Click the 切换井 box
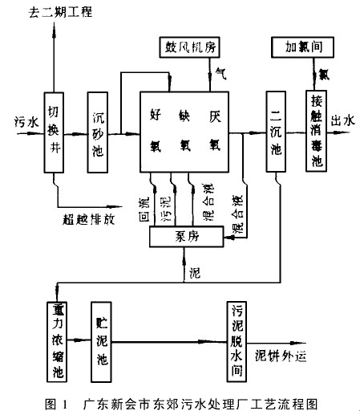pyautogui.click(x=54, y=132)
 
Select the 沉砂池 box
pyautogui.click(x=98, y=132)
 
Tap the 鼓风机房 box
pyautogui.click(x=189, y=47)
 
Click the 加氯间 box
pyautogui.click(x=302, y=47)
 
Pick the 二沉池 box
pyautogui.click(x=276, y=132)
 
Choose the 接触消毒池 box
pyautogui.click(x=316, y=131)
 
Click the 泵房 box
pyautogui.click(x=186, y=236)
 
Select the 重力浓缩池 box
pyautogui.click(x=57, y=342)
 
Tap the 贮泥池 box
pyautogui.click(x=101, y=342)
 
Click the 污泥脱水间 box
pyautogui.click(x=237, y=341)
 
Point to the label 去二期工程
pyautogui.click(x=60, y=12)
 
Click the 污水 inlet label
pyautogui.click(x=26, y=122)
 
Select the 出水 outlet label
pyautogui.click(x=343, y=120)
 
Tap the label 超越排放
pyautogui.click(x=89, y=219)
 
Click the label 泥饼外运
pyautogui.click(x=281, y=356)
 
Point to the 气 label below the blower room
pyautogui.click(x=221, y=74)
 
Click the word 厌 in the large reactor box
pyautogui.click(x=215, y=116)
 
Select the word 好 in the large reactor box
pyautogui.click(x=156, y=115)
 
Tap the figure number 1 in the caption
pyautogui.click(x=64, y=405)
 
